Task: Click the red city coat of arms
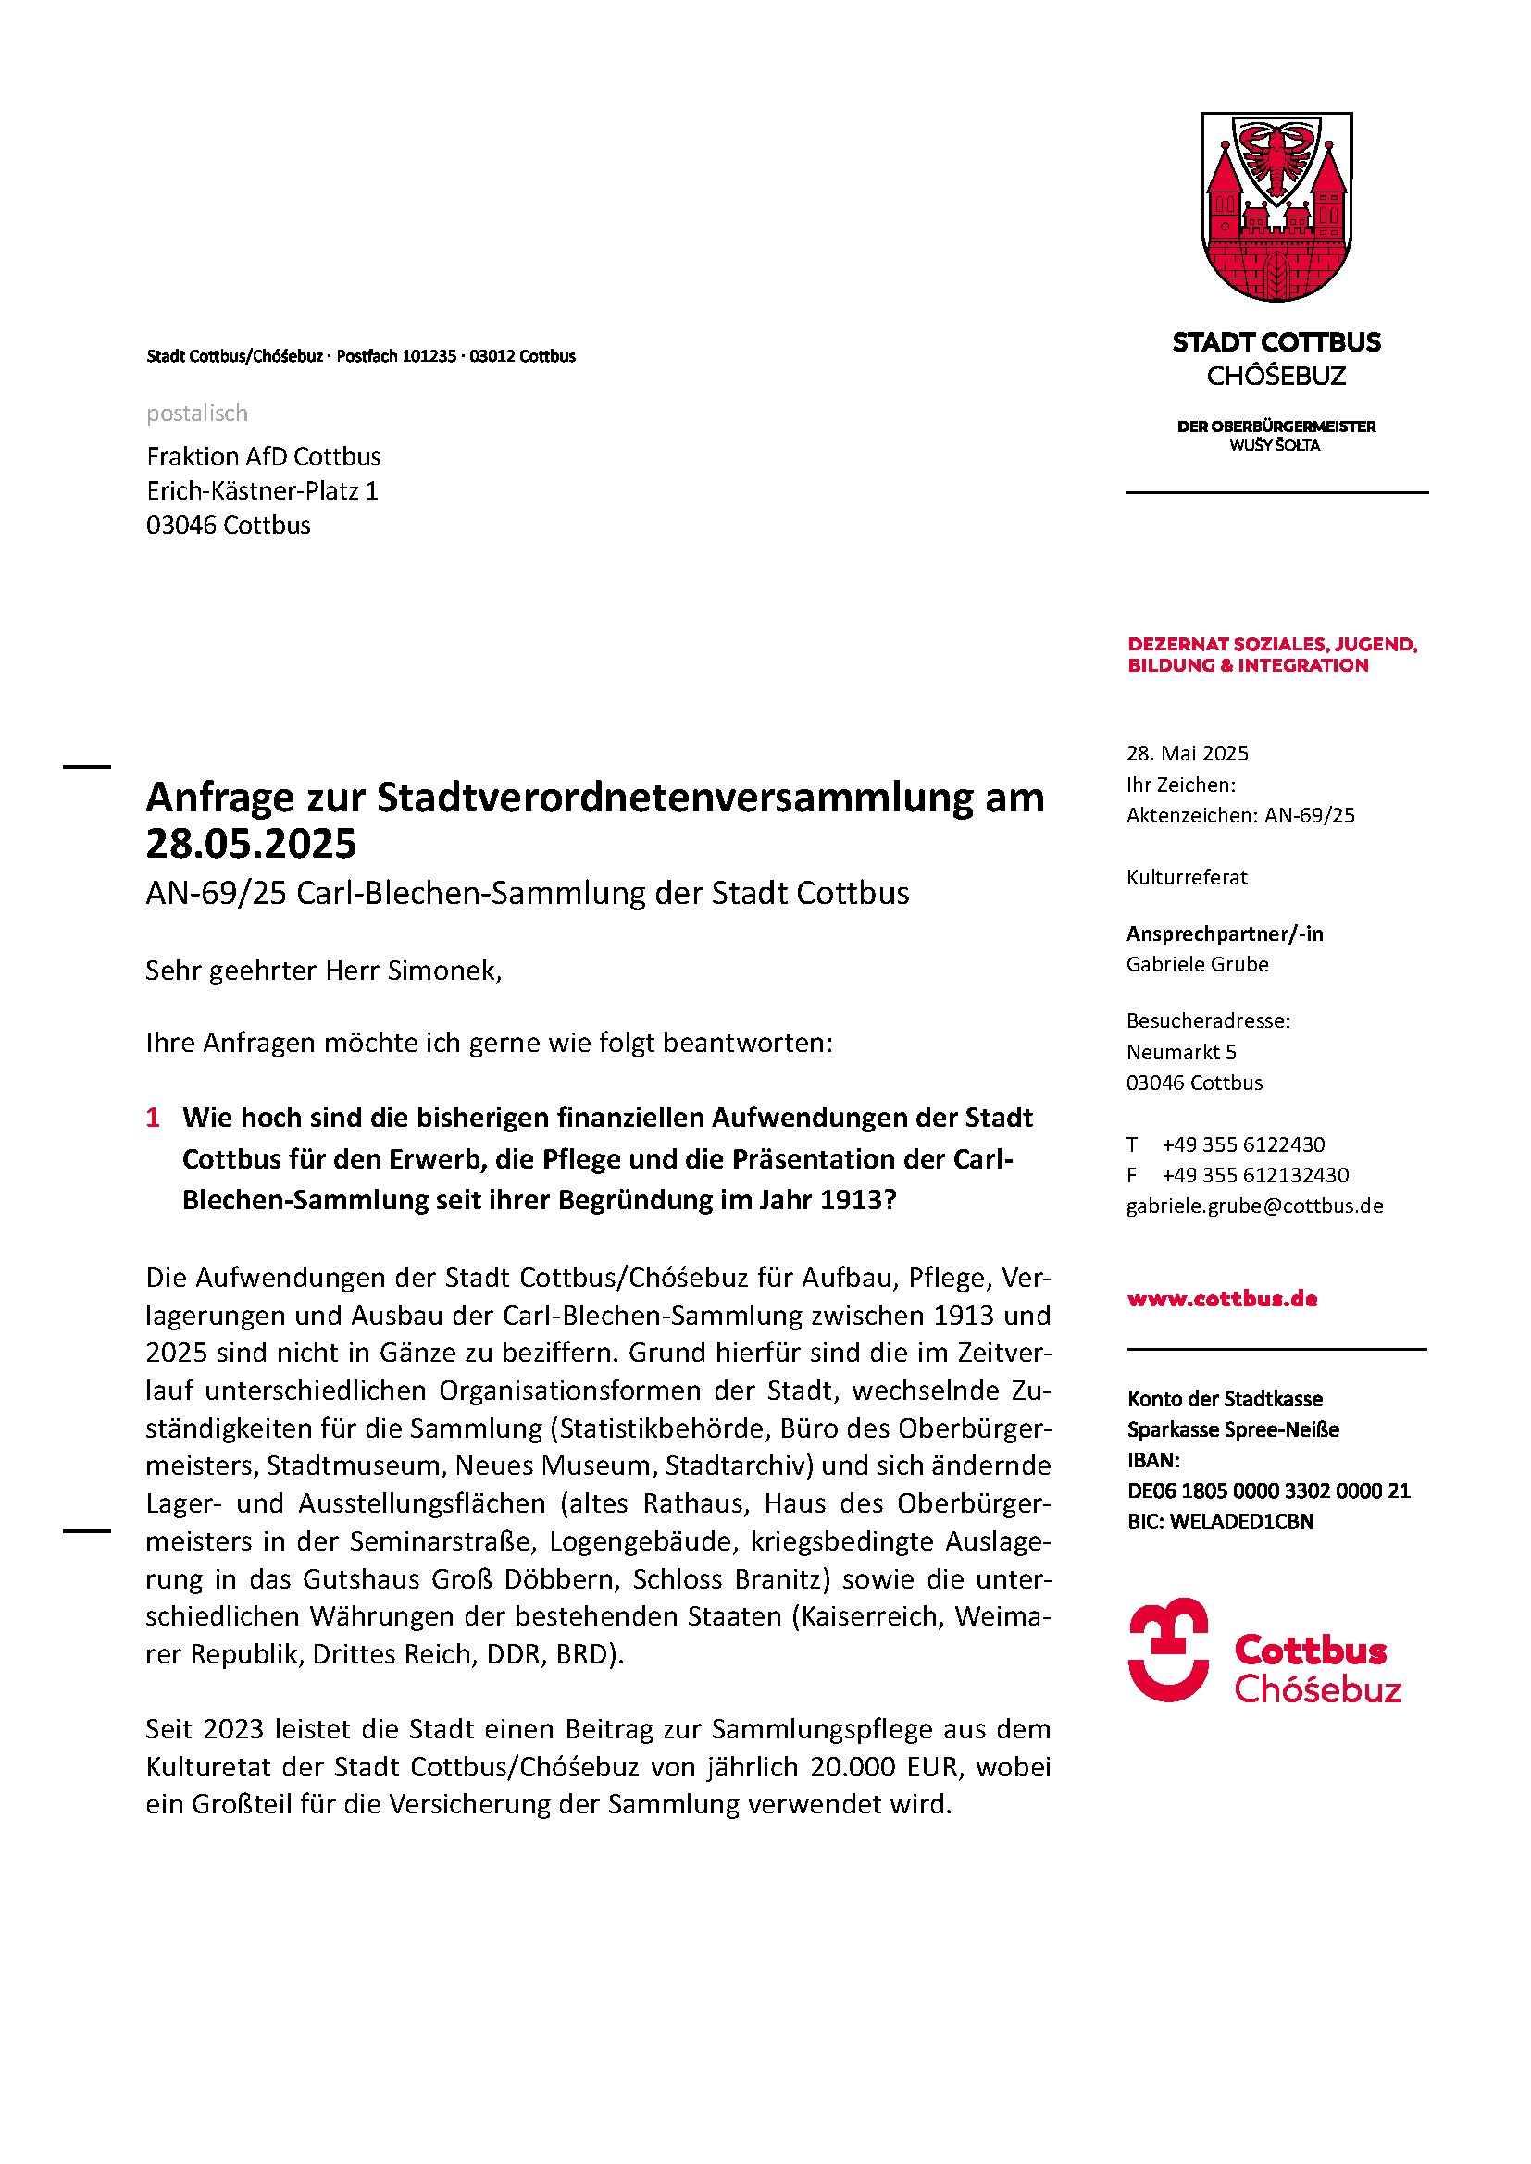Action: tap(1276, 207)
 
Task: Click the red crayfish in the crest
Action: tap(1276, 155)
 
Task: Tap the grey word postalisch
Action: tap(197, 413)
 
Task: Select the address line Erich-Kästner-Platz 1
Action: tap(262, 491)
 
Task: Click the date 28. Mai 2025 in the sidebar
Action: tap(1187, 753)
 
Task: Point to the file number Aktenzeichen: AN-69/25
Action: tap(1239, 815)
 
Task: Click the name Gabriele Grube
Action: tap(1197, 964)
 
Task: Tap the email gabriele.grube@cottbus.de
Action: tap(1254, 1206)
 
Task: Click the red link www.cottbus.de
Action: tap(1222, 1299)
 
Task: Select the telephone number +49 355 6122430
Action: tap(1242, 1144)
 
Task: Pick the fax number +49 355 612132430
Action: tap(1255, 1175)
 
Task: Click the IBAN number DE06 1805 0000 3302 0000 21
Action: tap(1268, 1490)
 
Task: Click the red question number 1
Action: tap(153, 1118)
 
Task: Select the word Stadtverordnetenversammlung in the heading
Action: tap(675, 798)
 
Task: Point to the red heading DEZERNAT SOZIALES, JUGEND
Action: tap(1272, 645)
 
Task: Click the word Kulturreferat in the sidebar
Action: tap(1186, 877)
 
